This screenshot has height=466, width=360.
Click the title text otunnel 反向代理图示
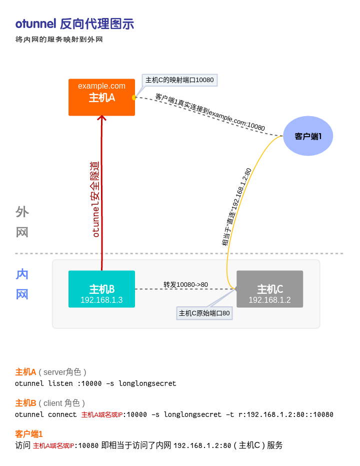(x=74, y=24)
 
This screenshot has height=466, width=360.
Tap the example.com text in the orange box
(x=101, y=86)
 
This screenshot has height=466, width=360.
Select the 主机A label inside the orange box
(x=101, y=98)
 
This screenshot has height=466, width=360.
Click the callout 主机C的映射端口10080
(x=179, y=80)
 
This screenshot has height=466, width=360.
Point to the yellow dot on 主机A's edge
(x=134, y=98)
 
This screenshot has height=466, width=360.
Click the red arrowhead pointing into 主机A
(x=101, y=118)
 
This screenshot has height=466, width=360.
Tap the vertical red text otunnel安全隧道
(x=95, y=199)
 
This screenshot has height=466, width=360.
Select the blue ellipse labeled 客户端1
(x=308, y=136)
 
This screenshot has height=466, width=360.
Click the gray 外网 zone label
(x=22, y=222)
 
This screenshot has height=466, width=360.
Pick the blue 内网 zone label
(x=22, y=284)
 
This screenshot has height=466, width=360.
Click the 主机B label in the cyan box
(x=101, y=289)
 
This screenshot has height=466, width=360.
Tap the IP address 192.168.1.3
(x=101, y=300)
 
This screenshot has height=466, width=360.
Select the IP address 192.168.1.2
(x=269, y=300)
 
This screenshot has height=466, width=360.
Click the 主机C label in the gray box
(x=269, y=289)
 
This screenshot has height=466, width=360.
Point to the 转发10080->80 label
(x=185, y=284)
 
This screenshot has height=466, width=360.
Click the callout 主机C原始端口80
(x=204, y=313)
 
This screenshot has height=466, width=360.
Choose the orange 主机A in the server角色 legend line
(x=25, y=372)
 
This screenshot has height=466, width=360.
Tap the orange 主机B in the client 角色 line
(x=25, y=403)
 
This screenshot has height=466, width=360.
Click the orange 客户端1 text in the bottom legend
(x=29, y=434)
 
